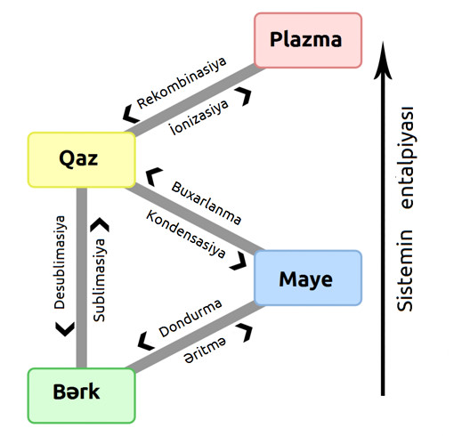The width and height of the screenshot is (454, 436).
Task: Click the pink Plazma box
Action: [308, 40]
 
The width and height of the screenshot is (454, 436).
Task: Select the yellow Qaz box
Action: [82, 160]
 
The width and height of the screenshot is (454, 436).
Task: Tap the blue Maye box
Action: [308, 278]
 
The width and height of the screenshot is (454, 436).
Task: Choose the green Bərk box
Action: [82, 395]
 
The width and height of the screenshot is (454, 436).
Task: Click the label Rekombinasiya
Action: [182, 83]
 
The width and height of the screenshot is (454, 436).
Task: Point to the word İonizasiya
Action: [199, 117]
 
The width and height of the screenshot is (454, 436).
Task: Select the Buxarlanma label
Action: [207, 203]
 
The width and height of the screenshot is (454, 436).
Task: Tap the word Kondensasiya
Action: [186, 234]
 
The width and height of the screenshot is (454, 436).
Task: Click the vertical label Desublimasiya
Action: [60, 262]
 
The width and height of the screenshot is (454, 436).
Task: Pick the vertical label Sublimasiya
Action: [99, 280]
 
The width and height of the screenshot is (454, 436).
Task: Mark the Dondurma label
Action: [191, 319]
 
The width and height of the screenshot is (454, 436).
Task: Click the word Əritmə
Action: [205, 351]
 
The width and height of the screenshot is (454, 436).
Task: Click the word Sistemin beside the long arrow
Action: [405, 270]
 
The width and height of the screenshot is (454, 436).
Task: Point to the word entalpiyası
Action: [405, 158]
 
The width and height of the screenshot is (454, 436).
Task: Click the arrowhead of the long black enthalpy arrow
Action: [383, 61]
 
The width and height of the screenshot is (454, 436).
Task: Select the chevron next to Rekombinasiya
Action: [131, 114]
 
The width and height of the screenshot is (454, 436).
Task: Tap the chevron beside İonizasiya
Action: [243, 96]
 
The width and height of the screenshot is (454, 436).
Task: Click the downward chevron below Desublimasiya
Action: [65, 329]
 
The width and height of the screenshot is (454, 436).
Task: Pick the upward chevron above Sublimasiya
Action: [100, 225]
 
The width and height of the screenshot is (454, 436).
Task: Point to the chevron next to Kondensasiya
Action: [239, 262]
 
